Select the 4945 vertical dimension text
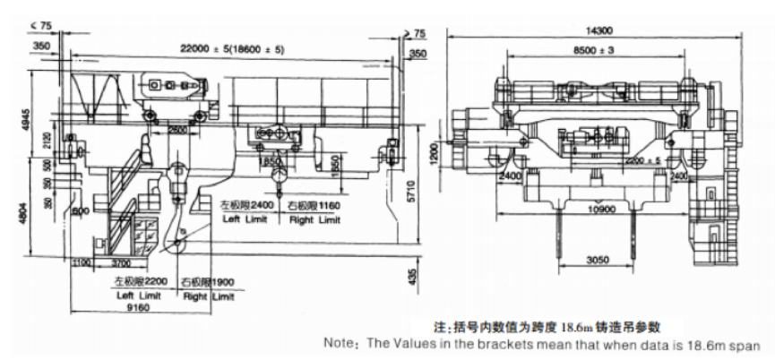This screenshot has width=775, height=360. click(x=9, y=117)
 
